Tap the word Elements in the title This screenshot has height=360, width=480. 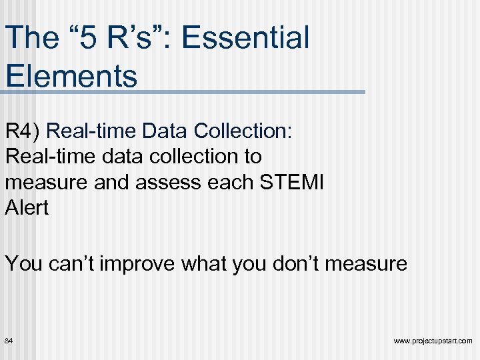71,75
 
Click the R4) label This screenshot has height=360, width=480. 23,131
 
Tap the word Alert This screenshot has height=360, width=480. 27,207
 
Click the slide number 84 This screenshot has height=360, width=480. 9,341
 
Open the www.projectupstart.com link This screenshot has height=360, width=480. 433,341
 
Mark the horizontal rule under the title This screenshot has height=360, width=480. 183,92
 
